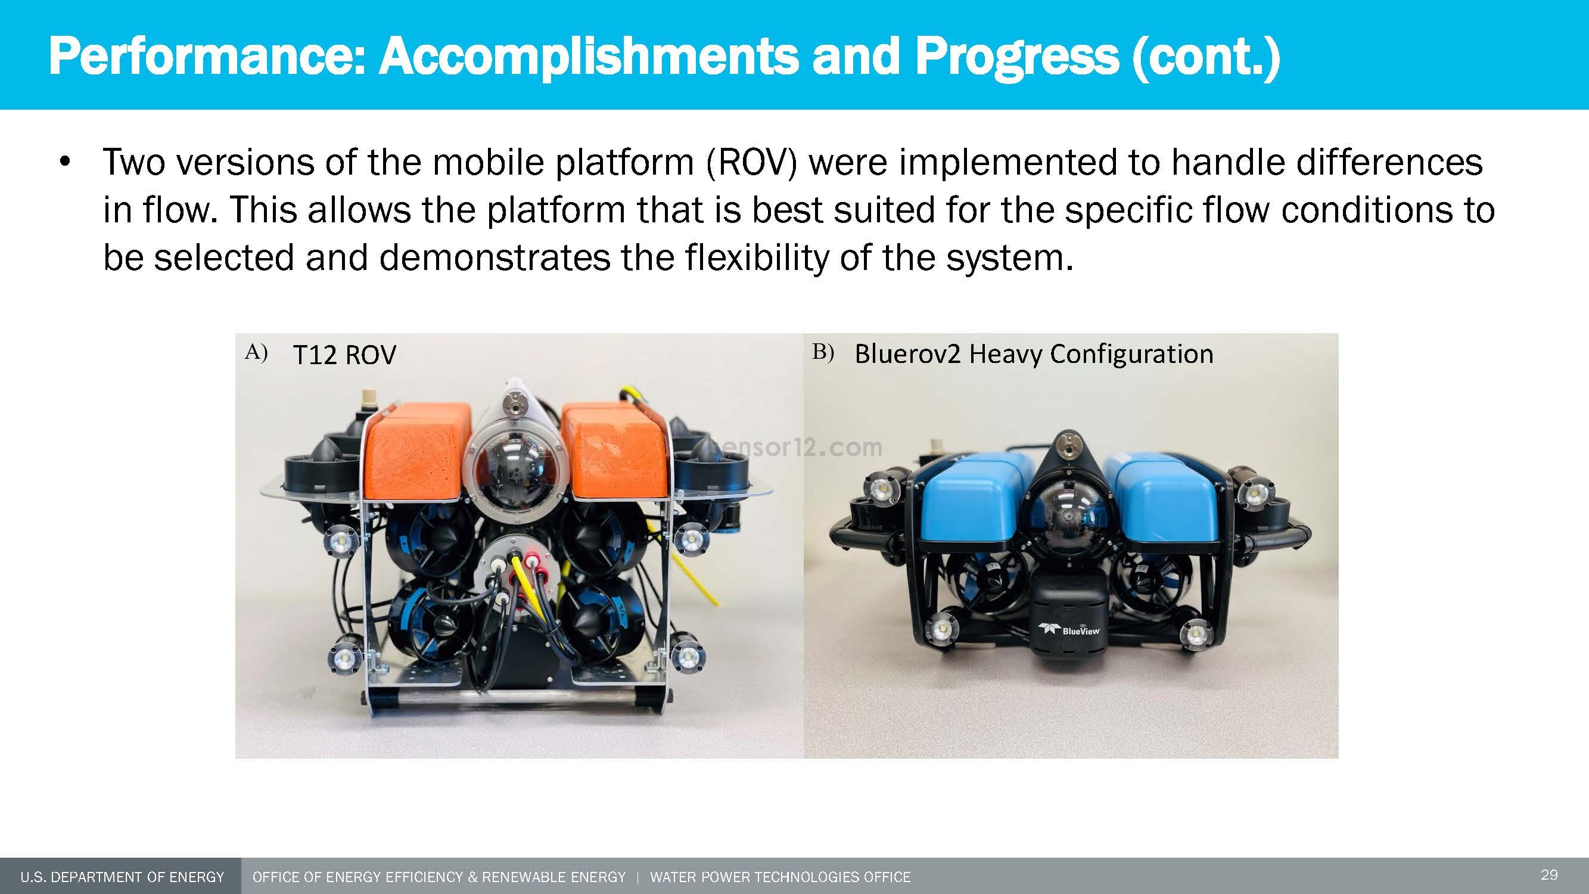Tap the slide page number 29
tap(1549, 875)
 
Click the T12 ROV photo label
tap(344, 355)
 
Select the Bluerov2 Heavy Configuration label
tap(1034, 354)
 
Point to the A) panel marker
tap(256, 352)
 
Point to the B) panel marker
tap(823, 352)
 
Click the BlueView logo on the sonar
tap(1077, 630)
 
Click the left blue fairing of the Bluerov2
tap(972, 500)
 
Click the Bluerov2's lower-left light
tap(941, 630)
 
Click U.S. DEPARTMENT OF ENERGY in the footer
tap(122, 877)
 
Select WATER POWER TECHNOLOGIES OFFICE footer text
tap(780, 877)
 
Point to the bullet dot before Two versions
tap(66, 163)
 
